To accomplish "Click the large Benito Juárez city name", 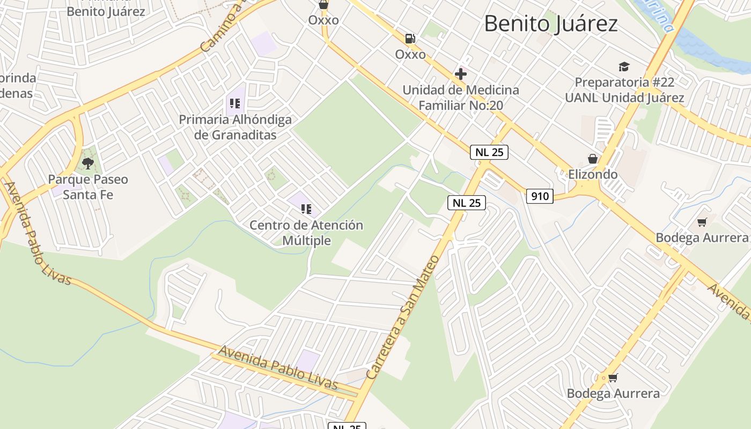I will pos(551,24).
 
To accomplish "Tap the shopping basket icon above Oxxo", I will pos(323,5).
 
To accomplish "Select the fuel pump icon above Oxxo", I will pos(410,39).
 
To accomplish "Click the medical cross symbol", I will pos(460,74).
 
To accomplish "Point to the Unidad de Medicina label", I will pos(461,90).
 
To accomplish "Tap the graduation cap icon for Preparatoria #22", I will pos(624,67).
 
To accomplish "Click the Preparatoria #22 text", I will pos(624,83).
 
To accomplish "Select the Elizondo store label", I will pos(593,174).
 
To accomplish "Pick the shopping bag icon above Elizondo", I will pos(593,159).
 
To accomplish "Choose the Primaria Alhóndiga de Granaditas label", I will pos(235,127).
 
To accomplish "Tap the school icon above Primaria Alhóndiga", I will pos(234,103).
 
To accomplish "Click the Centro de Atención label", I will pos(306,225).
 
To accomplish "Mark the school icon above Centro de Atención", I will pos(306,209).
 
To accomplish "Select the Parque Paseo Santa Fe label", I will pos(88,187).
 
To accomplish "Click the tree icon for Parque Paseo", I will pos(88,163).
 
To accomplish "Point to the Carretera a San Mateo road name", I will pos(402,317).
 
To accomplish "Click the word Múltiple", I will pos(306,241).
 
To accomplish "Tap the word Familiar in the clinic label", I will pos(442,106).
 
